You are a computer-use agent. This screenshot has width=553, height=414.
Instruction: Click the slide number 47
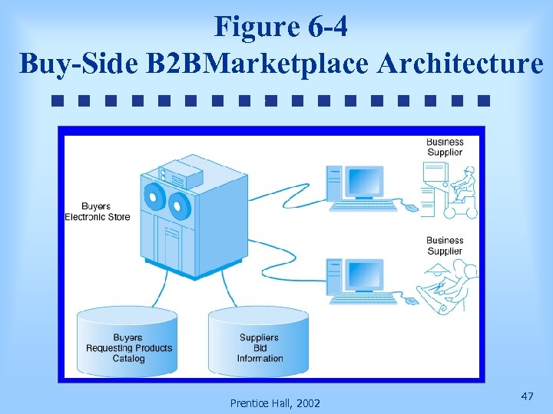(x=527, y=396)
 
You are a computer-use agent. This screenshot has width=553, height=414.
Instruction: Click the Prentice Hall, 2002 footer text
(x=275, y=403)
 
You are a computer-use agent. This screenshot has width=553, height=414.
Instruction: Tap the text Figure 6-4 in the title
(x=281, y=26)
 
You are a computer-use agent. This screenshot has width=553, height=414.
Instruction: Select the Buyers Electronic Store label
(x=97, y=212)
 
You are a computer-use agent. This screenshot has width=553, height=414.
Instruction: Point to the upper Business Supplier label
(x=445, y=147)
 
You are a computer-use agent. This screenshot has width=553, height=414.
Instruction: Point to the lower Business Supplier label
(x=445, y=245)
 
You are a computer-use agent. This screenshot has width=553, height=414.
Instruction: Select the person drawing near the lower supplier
(x=452, y=284)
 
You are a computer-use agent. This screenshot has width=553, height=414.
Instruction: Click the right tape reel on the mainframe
(x=180, y=205)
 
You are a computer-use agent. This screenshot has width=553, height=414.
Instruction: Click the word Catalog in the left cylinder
(x=128, y=358)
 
